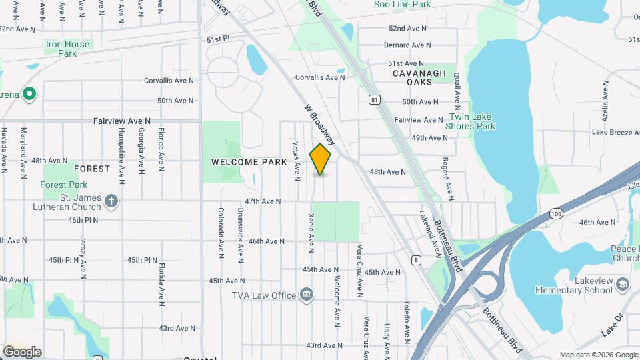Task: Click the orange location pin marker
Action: [321, 159]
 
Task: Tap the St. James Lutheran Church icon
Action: [112, 200]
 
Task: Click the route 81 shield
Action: [375, 99]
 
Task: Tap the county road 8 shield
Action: [417, 260]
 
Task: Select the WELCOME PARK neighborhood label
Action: [249, 162]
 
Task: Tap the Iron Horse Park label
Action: [67, 49]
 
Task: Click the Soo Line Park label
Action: [421, 5]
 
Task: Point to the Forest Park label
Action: [64, 185]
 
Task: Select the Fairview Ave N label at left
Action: [122, 121]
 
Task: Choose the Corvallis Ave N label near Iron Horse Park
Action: [169, 81]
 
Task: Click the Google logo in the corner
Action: [22, 352]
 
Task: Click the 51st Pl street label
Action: [217, 39]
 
